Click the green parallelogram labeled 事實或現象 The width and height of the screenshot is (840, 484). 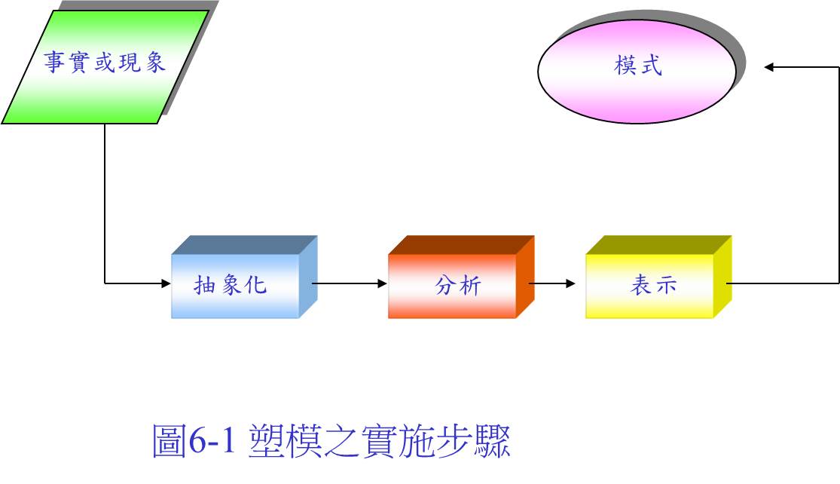pos(105,67)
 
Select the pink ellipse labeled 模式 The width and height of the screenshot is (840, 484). pos(637,72)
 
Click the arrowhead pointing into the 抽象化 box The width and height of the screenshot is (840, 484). pos(166,283)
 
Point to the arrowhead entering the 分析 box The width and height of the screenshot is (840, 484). pos(383,283)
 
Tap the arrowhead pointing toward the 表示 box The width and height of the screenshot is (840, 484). pos(570,283)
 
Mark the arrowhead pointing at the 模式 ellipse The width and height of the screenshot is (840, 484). pos(768,67)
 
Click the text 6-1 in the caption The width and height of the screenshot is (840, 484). pos(212,440)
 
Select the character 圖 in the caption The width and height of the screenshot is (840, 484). pos(170,440)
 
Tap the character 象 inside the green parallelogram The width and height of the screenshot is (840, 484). pos(155,62)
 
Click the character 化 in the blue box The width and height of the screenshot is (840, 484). pos(255,285)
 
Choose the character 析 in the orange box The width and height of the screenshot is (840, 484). pos(470,285)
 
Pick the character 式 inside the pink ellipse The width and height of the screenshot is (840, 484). pos(652,66)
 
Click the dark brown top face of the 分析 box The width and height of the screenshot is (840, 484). pos(461,244)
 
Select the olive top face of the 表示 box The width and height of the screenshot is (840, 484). pos(659,244)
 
